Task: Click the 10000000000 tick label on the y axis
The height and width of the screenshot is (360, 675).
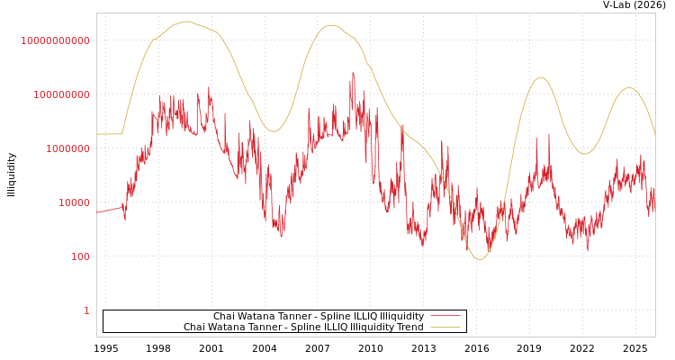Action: click(56, 40)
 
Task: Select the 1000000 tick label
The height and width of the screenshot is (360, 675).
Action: click(68, 148)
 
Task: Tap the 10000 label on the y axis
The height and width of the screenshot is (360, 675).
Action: click(74, 202)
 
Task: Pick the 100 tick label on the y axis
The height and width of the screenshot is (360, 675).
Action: click(80, 256)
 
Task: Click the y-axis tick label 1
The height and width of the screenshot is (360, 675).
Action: click(86, 310)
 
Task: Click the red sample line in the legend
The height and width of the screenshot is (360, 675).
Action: click(445, 316)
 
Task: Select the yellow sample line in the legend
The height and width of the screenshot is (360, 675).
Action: click(445, 327)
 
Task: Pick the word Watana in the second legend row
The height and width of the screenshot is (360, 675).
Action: click(228, 327)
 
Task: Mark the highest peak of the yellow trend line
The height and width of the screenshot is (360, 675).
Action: click(186, 22)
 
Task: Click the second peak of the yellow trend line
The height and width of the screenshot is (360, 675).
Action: click(332, 26)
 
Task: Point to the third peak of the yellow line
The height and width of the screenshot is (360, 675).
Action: click(540, 77)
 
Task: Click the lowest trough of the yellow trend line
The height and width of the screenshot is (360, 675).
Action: click(480, 259)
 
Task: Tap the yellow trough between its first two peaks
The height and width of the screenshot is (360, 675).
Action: click(274, 131)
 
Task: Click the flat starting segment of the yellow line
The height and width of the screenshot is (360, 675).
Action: click(109, 134)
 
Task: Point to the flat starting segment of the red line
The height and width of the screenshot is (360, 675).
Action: click(109, 211)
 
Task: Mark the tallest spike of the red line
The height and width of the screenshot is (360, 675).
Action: click(353, 74)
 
